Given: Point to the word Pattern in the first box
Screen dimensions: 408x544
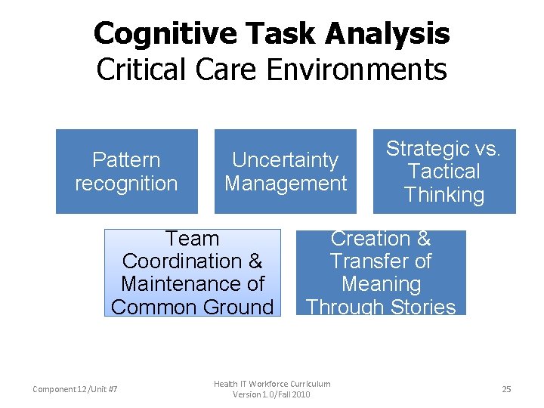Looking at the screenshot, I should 126,160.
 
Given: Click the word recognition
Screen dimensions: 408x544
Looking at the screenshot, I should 126,184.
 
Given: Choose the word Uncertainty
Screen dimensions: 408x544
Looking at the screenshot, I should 285,160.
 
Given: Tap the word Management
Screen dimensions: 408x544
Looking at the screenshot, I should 286,184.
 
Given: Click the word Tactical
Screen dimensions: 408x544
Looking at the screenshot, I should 444,172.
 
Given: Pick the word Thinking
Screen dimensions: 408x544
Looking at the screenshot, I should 444,195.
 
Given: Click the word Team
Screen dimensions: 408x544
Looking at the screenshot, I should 192,239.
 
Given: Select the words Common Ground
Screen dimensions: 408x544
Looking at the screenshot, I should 192,307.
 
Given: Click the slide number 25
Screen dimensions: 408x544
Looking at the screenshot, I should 506,389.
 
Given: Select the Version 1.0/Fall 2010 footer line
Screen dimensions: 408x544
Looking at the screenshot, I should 271,394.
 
